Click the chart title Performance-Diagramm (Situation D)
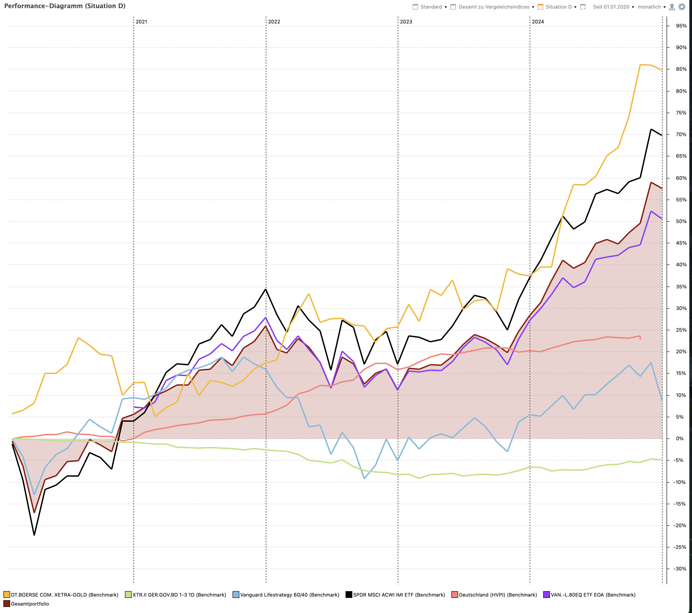click(x=65, y=6)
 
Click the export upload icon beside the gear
click(x=672, y=7)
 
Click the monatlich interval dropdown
click(x=651, y=7)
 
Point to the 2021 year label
click(x=142, y=22)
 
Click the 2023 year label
click(x=406, y=22)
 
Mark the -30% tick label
click(x=680, y=569)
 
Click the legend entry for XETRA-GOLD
click(x=64, y=595)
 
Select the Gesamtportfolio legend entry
click(x=30, y=604)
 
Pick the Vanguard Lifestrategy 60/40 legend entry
click(x=289, y=595)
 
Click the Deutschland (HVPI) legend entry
click(x=498, y=595)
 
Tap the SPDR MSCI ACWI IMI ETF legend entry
click(x=399, y=595)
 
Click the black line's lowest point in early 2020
click(x=34, y=535)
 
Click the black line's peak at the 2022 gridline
click(x=266, y=289)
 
